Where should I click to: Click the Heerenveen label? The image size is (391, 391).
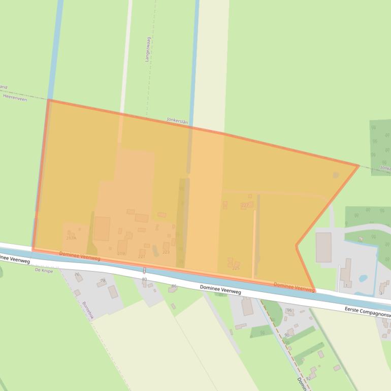click(x=14, y=96)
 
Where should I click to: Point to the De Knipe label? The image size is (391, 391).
click(x=44, y=271)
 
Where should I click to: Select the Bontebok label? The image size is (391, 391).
click(x=88, y=310)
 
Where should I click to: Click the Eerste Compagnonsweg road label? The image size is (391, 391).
click(x=367, y=311)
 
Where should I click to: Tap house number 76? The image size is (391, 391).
click(x=77, y=275)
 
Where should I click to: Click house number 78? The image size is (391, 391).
click(x=103, y=281)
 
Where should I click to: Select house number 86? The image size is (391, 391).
click(x=174, y=286)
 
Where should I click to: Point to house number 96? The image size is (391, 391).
click(x=289, y=310)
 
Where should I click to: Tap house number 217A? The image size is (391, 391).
click(x=71, y=238)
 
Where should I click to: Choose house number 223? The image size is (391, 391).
click(x=166, y=252)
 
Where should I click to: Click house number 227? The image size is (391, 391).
click(x=245, y=205)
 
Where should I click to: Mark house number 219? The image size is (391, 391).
click(x=121, y=253)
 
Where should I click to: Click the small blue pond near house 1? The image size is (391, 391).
click(x=364, y=278)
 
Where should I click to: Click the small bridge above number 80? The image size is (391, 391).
click(x=144, y=270)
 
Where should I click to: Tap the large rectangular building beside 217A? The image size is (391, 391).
click(x=102, y=229)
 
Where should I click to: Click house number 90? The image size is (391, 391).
click(x=287, y=335)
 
